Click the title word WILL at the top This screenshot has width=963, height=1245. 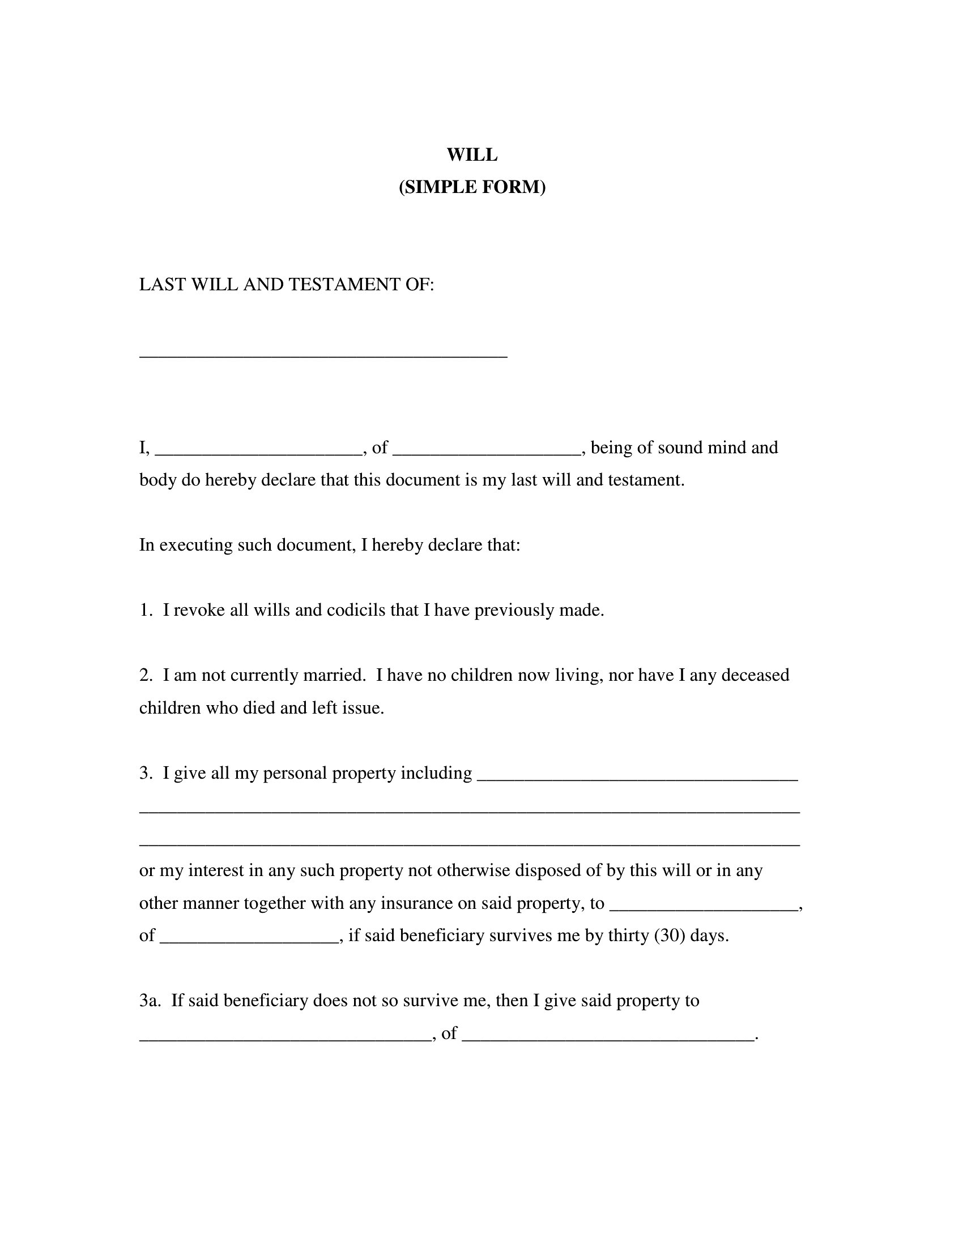[472, 154]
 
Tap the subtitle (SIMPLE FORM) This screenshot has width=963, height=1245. [472, 187]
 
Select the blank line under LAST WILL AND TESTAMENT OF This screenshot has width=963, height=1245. [323, 354]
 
